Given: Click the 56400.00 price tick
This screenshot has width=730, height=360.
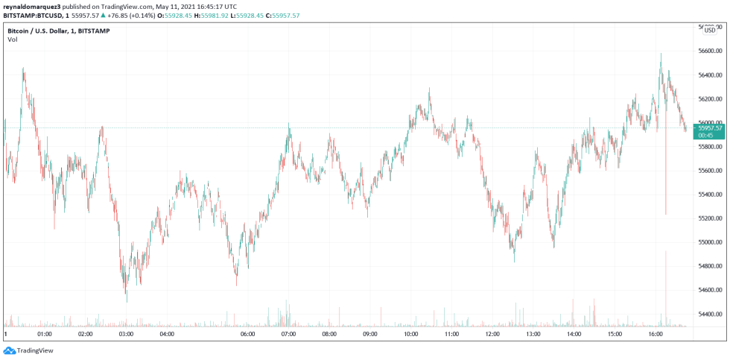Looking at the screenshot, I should click(711, 75).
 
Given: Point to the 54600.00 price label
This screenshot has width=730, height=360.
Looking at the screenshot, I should click(711, 290).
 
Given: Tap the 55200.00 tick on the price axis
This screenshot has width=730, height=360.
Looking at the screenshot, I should click(711, 218).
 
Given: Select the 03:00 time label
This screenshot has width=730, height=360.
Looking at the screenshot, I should click(126, 334).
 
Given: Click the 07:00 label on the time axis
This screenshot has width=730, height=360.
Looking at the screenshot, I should click(288, 334).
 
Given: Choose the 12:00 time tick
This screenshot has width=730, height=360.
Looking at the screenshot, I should click(492, 334).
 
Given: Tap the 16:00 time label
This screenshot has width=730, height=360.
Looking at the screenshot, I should click(655, 334).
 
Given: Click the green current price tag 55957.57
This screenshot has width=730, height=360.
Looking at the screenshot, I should click(710, 128).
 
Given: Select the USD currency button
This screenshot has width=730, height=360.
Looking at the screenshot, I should click(710, 30).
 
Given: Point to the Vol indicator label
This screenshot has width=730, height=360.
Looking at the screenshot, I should click(13, 40).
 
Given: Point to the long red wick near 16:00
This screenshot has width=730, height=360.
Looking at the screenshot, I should click(665, 179).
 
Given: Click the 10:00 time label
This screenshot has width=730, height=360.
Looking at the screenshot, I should click(410, 334).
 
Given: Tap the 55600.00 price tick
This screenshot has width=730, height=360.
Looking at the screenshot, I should click(711, 171).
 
